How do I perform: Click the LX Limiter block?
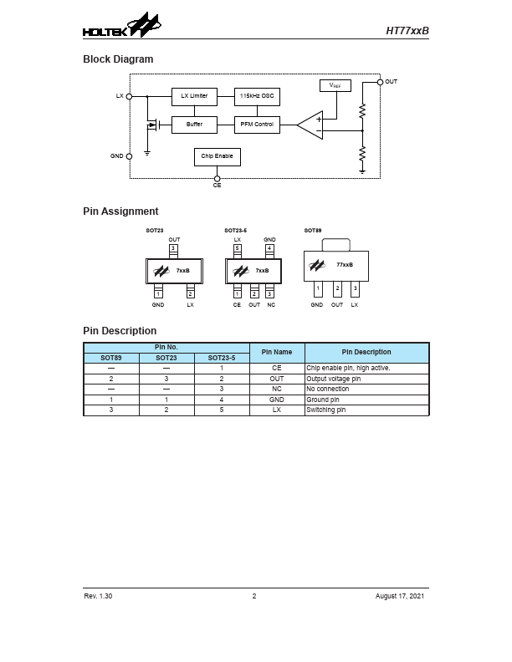coord(194,96)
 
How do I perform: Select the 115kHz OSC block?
coord(257,96)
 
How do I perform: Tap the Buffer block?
coord(194,125)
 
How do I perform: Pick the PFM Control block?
coord(257,125)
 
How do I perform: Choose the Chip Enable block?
coord(218,156)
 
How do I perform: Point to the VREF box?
coord(335,85)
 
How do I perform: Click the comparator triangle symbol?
coord(310,125)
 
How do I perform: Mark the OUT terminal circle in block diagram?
coord(381,82)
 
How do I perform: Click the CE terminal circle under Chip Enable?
coord(218,178)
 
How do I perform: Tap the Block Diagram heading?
coord(118,59)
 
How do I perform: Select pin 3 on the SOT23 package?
coord(174,248)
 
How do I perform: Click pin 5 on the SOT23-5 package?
coord(238,248)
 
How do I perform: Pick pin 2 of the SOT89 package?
coord(336,288)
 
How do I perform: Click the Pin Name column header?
coord(277,352)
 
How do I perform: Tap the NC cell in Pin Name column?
coord(277,389)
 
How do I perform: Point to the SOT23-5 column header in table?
coord(222,358)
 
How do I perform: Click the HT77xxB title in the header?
coord(407,30)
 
